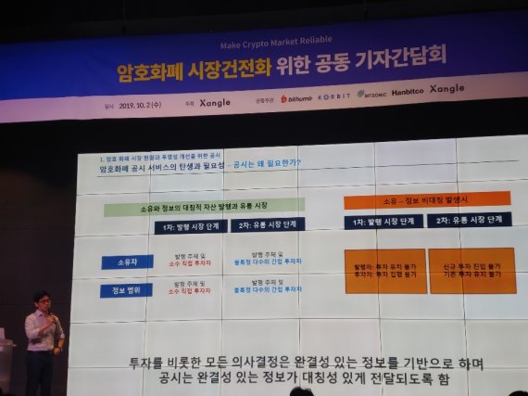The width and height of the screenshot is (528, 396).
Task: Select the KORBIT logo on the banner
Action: (x=335, y=96)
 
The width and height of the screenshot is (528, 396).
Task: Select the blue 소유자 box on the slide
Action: (x=127, y=262)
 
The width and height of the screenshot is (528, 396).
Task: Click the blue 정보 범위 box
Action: (x=127, y=290)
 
